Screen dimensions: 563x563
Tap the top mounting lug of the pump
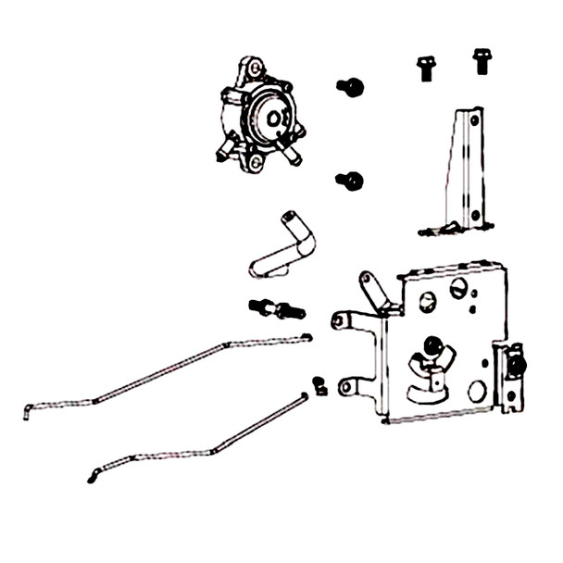click(x=254, y=68)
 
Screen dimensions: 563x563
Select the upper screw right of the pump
click(x=351, y=87)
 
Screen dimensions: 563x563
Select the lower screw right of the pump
click(x=350, y=181)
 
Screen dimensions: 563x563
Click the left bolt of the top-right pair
click(x=426, y=67)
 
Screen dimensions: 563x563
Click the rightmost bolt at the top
click(x=481, y=60)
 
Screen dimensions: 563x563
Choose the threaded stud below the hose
click(x=276, y=308)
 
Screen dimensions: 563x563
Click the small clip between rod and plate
click(x=319, y=384)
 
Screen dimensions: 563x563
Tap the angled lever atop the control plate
click(x=374, y=290)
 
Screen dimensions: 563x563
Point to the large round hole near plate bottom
click(x=478, y=392)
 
